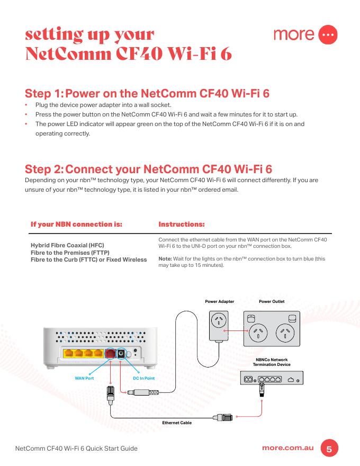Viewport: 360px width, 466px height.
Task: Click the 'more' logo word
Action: click(x=294, y=34)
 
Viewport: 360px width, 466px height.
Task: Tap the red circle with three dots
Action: click(x=329, y=34)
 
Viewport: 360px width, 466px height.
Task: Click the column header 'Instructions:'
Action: click(x=182, y=224)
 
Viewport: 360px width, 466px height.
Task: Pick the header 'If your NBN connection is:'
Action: click(x=76, y=224)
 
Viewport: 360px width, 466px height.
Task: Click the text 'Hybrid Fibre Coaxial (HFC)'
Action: click(x=68, y=246)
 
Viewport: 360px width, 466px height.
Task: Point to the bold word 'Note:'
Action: click(x=165, y=259)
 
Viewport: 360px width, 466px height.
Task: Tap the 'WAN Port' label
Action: click(x=84, y=378)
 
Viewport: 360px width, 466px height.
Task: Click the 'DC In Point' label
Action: click(x=143, y=378)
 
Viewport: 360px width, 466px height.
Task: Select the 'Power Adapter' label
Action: click(x=219, y=302)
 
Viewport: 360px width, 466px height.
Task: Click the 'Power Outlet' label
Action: click(x=272, y=302)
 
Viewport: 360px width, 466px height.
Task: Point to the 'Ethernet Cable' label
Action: click(x=177, y=423)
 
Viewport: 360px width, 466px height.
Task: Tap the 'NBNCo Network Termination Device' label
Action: click(x=272, y=362)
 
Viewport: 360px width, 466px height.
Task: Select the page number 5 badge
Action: click(x=329, y=449)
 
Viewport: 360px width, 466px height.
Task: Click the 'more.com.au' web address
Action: click(x=288, y=448)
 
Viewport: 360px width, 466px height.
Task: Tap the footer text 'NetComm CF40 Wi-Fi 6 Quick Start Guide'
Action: click(x=77, y=449)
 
